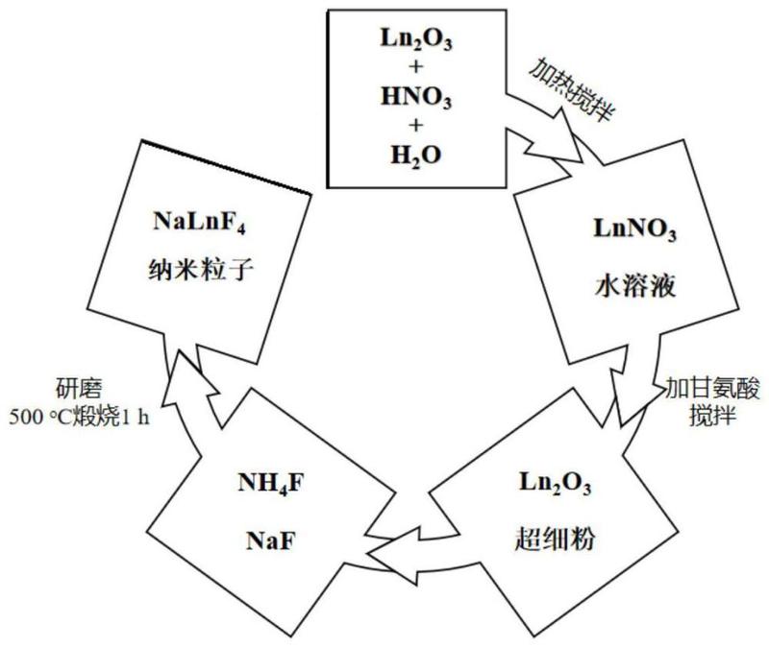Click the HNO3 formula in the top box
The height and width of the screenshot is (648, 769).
coord(416,97)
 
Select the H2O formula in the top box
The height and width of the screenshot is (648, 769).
coord(416,156)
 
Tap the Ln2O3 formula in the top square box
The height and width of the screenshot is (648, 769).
coord(416,38)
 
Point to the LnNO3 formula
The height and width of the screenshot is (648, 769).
coord(634,229)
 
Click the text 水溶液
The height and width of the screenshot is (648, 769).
coord(635,286)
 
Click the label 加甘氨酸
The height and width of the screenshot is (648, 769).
coord(711,390)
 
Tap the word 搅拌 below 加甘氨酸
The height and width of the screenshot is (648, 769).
coord(712,416)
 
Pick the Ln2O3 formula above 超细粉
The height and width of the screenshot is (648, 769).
coord(556,483)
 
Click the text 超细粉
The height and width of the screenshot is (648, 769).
coord(555,540)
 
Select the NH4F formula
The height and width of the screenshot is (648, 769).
coord(271,484)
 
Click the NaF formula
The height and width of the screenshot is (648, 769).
coord(271,541)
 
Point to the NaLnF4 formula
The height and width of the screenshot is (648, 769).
coord(199,222)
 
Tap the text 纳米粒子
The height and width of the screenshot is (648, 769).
coord(200,270)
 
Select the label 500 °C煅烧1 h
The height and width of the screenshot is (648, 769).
coord(80,417)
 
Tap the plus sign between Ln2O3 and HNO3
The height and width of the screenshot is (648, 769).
coord(416,66)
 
